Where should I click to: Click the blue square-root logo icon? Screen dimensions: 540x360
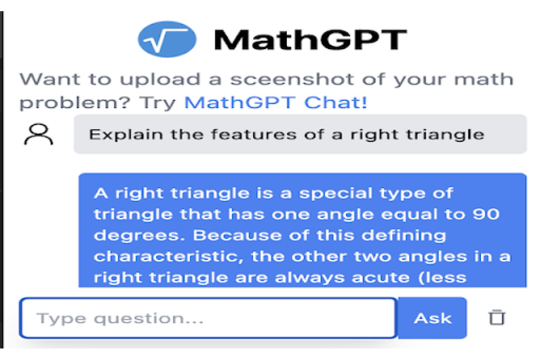point(167,39)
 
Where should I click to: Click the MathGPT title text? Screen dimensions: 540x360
point(310,40)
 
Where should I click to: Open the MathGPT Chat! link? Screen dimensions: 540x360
point(275,102)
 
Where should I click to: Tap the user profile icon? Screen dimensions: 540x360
point(39,134)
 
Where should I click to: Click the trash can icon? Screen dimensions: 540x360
point(496,317)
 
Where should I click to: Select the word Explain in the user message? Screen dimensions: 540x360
point(126,135)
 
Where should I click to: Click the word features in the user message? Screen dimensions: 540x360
point(253,134)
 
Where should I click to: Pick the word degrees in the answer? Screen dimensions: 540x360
point(139,235)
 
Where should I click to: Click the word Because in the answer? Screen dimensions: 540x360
point(237,235)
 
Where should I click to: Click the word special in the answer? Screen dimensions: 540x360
point(336,194)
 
